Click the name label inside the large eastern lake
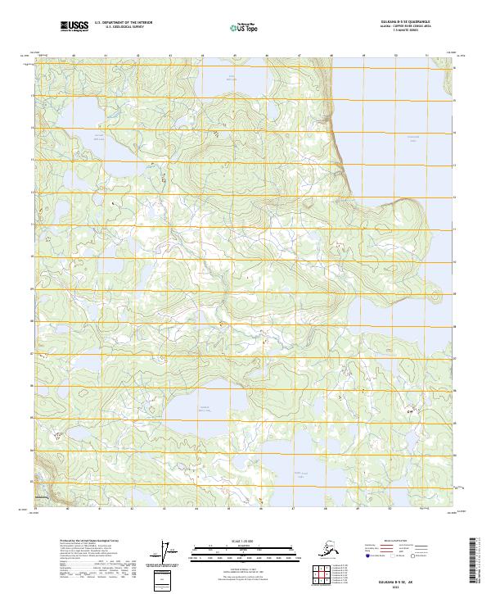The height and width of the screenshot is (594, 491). pos(413,137)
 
